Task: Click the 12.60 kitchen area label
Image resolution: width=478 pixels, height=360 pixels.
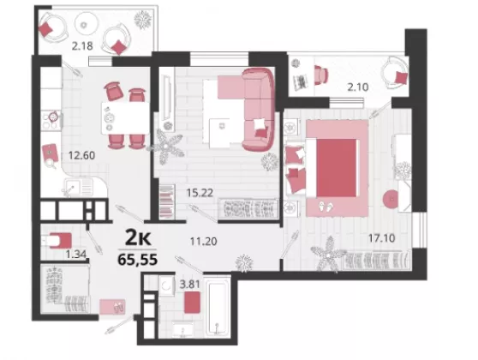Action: [x=81, y=156]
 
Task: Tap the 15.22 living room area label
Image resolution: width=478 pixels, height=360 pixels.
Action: [x=200, y=193]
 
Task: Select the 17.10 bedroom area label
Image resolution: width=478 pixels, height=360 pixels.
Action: [x=382, y=237]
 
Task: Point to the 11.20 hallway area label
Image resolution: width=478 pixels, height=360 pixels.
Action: [x=204, y=242]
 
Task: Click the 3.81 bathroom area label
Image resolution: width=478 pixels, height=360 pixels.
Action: [x=190, y=285]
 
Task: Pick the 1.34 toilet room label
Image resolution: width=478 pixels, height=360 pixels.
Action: [x=76, y=254]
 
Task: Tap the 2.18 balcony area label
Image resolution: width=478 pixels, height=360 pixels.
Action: [x=82, y=46]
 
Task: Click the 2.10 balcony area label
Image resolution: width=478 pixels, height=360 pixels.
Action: [x=358, y=87]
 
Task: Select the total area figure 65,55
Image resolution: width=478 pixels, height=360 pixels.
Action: [x=138, y=260]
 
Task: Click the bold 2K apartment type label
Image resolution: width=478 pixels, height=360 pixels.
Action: [x=138, y=238]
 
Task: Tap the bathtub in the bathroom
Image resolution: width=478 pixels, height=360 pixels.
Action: [x=217, y=307]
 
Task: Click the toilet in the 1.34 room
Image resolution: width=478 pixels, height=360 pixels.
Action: [x=57, y=241]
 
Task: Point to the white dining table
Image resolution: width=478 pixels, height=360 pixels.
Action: [x=125, y=118]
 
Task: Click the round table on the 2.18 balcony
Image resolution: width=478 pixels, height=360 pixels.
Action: [x=87, y=23]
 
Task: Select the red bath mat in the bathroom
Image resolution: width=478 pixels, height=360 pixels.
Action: [x=192, y=303]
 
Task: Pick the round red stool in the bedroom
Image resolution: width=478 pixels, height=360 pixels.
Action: [x=391, y=199]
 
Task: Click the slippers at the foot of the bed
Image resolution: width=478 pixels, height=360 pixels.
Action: [x=326, y=207]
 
